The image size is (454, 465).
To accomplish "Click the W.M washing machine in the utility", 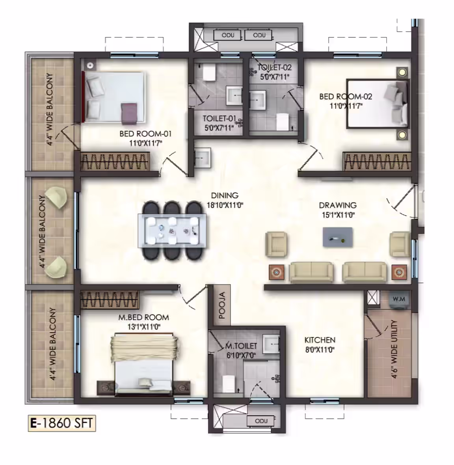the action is pyautogui.click(x=398, y=300).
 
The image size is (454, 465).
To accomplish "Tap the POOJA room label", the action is pyautogui.click(x=222, y=305).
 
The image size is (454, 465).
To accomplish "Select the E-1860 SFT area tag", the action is pyautogui.click(x=62, y=423).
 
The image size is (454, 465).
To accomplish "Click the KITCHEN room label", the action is pyautogui.click(x=320, y=340).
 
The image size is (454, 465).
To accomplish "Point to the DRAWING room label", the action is pyautogui.click(x=338, y=205).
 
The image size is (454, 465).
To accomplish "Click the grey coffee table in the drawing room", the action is pyautogui.click(x=338, y=237).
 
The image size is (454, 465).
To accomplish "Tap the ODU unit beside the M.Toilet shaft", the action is pyautogui.click(x=261, y=421).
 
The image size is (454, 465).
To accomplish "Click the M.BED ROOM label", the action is pyautogui.click(x=144, y=318).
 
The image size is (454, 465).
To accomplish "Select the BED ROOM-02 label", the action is pyautogui.click(x=346, y=97).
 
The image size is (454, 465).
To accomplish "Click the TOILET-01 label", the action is pyautogui.click(x=219, y=119).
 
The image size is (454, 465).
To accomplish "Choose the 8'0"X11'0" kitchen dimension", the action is pyautogui.click(x=320, y=350).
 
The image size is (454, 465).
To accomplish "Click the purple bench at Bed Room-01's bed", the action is pyautogui.click(x=129, y=113).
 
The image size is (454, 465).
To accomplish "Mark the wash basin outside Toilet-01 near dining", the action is pyautogui.click(x=203, y=158).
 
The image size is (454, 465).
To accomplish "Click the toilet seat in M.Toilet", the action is pyautogui.click(x=229, y=384).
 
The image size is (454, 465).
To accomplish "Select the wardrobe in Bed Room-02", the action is pyautogui.click(x=377, y=162).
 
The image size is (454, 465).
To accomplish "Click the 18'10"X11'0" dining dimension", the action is pyautogui.click(x=225, y=205).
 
